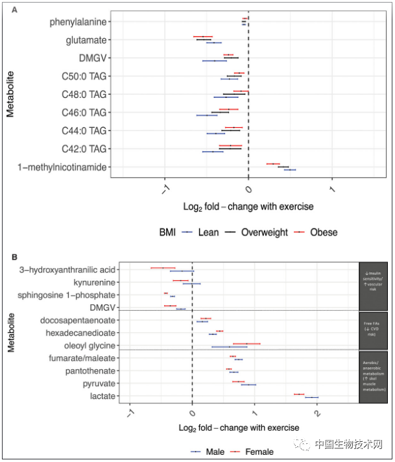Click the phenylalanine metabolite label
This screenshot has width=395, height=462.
pyautogui.click(x=78, y=22)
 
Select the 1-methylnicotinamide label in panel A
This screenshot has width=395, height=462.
pyautogui.click(x=62, y=167)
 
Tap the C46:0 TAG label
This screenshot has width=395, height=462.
pyautogui.click(x=84, y=112)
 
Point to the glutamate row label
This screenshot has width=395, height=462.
pyautogui.click(x=86, y=40)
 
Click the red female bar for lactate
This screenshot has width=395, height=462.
pyautogui.click(x=299, y=394)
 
